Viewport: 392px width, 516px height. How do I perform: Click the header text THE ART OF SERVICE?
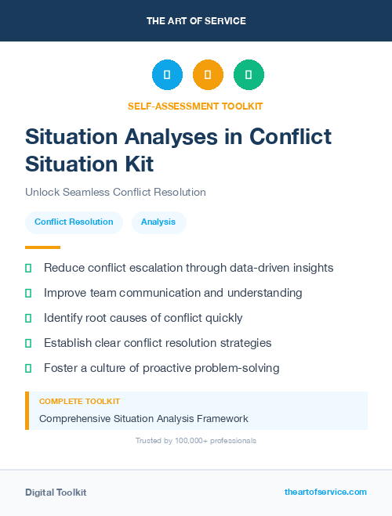[196, 21]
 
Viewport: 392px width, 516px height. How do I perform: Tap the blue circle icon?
[167, 75]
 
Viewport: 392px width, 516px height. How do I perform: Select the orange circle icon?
[208, 75]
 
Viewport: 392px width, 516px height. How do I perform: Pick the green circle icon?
[249, 75]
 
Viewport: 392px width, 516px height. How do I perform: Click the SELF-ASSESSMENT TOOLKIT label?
[195, 106]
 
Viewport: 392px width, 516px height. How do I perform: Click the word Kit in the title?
[137, 164]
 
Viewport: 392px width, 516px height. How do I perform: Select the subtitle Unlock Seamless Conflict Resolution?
[115, 192]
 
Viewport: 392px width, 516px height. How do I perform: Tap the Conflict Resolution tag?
[74, 222]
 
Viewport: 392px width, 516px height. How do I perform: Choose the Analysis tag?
[158, 222]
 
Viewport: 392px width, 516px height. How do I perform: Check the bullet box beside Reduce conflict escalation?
[28, 269]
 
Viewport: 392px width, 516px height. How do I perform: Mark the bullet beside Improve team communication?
[28, 294]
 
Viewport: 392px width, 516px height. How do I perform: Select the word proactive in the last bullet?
[164, 368]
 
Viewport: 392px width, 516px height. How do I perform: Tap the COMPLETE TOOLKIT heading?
[79, 401]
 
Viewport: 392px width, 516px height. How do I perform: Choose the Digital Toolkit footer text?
[56, 493]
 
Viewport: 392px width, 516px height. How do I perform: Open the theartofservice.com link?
[325, 492]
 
